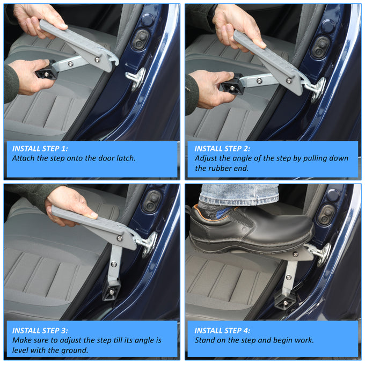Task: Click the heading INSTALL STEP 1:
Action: click(40, 149)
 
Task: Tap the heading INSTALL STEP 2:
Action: click(222, 149)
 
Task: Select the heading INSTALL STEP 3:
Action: click(40, 331)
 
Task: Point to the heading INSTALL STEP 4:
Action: click(222, 331)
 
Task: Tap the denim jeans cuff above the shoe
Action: click(240, 195)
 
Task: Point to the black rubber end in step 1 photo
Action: click(46, 71)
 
